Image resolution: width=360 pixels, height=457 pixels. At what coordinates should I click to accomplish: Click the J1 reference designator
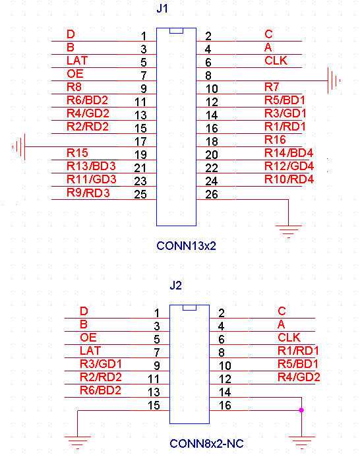pos(162,9)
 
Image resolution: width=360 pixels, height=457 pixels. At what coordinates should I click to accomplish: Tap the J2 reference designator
pos(175,286)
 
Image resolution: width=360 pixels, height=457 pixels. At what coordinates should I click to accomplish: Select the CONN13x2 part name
pos(187,246)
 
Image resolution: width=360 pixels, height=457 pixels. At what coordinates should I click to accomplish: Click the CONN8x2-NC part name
pos(206,444)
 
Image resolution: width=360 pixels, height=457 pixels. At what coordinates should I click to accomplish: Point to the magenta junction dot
pos(301,410)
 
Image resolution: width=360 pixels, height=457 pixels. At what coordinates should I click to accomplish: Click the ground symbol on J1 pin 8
pos(334,80)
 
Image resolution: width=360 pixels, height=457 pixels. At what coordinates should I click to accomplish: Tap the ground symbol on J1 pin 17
pos(18,146)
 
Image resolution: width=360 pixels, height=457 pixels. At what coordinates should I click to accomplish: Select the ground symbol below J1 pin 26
pos(289,231)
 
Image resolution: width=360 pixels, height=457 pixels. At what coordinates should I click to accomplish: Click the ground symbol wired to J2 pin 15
pos(78,442)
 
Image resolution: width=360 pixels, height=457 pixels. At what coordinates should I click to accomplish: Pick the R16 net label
pos(275,140)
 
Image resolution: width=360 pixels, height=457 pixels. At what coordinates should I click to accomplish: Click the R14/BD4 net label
pos(289,153)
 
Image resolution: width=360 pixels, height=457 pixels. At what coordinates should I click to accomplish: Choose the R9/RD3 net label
pos(88,193)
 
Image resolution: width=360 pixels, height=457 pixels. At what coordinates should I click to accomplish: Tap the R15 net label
pos(77,153)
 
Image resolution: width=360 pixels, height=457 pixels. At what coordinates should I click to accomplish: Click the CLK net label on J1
pos(276,61)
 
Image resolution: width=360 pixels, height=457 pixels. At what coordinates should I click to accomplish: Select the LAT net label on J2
pos(90,351)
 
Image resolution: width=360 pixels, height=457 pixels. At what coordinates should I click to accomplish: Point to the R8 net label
pos(74,87)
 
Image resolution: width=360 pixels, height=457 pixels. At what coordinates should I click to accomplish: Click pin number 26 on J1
pos(212,195)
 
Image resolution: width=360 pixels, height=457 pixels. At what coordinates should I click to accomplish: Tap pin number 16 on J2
pos(225,406)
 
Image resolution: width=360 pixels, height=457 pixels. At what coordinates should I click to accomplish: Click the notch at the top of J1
pos(176,30)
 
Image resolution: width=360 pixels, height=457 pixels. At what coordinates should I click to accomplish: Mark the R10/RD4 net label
pos(289,179)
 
